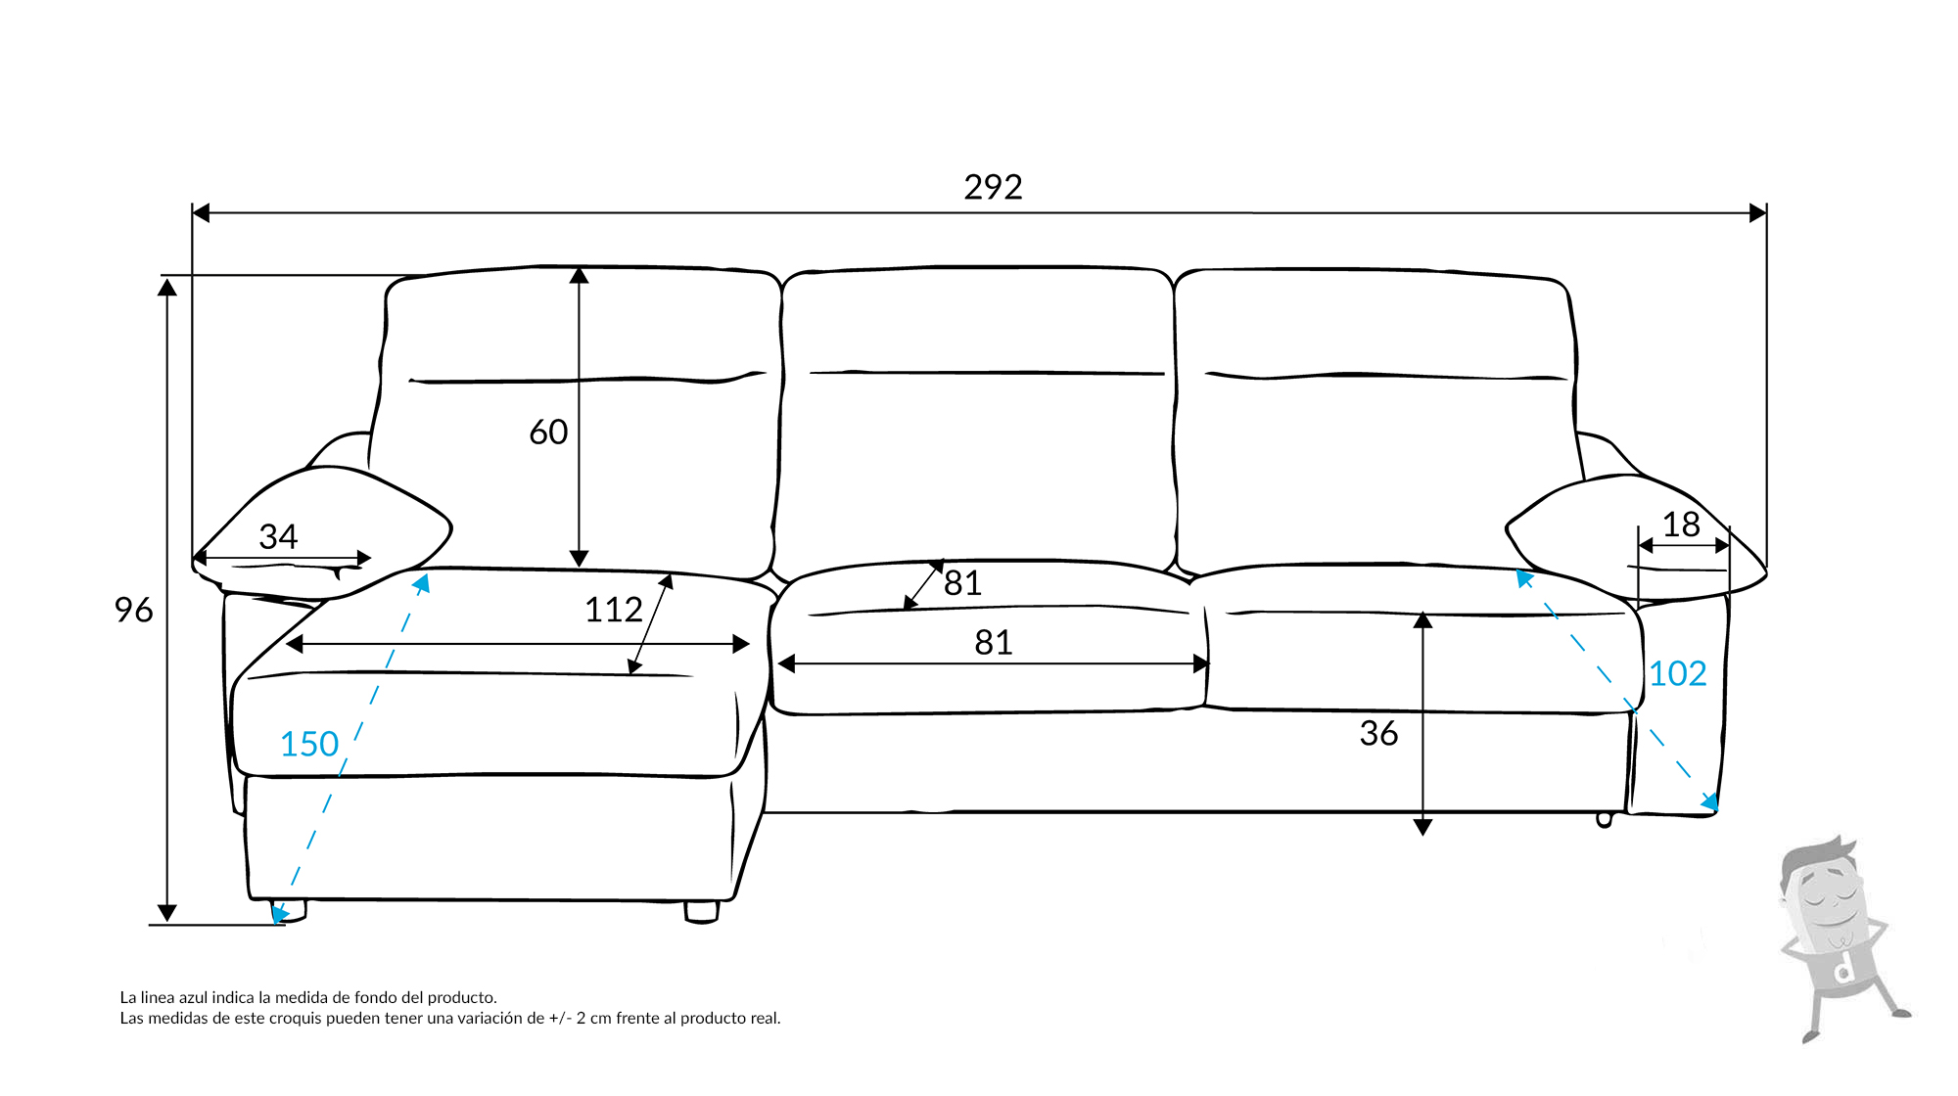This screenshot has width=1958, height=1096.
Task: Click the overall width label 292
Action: pyautogui.click(x=993, y=187)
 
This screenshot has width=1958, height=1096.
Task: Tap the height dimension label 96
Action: pyautogui.click(x=133, y=611)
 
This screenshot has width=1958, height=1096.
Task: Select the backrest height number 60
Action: pyautogui.click(x=548, y=433)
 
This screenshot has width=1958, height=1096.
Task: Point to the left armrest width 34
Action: pyautogui.click(x=278, y=536)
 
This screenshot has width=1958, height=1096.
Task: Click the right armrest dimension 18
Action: pyautogui.click(x=1681, y=525)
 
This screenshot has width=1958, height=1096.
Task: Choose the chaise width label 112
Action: pyautogui.click(x=613, y=611)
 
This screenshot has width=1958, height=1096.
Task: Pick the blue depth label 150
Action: pyautogui.click(x=309, y=745)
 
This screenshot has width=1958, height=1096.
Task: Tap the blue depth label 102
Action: pyautogui.click(x=1678, y=674)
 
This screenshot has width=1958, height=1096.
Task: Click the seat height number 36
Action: pyautogui.click(x=1378, y=734)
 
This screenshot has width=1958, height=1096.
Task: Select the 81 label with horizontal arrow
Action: pyautogui.click(x=993, y=643)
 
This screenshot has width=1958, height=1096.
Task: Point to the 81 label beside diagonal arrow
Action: pyautogui.click(x=962, y=583)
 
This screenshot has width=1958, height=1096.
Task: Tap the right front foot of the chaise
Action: pyautogui.click(x=702, y=911)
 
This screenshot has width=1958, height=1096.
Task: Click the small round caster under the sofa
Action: pyautogui.click(x=1604, y=820)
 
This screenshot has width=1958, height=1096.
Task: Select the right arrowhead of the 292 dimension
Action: pyautogui.click(x=1758, y=212)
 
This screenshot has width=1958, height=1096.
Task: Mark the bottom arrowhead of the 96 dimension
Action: pyautogui.click(x=167, y=913)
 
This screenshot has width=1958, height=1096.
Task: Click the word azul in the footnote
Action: pyautogui.click(x=192, y=998)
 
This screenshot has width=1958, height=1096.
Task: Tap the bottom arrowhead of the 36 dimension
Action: pyautogui.click(x=1423, y=827)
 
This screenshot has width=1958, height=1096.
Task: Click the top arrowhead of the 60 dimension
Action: pyautogui.click(x=580, y=275)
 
